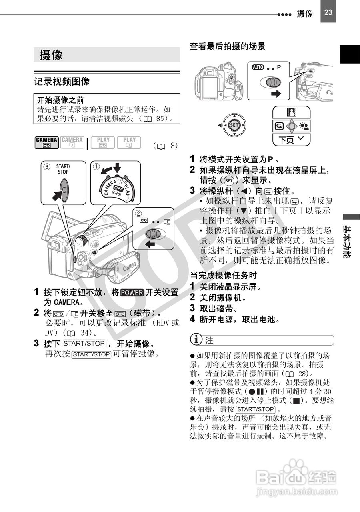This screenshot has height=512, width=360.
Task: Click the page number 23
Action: (328, 12)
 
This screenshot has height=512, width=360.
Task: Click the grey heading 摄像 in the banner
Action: (51, 55)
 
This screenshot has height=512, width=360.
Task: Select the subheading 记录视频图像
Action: (62, 81)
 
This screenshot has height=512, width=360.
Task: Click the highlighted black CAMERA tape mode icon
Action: (47, 142)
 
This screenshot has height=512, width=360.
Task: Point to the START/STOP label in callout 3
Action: (63, 169)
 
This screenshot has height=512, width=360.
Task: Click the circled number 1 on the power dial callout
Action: (96, 166)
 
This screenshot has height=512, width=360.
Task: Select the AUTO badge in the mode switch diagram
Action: (258, 67)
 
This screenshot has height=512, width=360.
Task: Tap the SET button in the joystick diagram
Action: (234, 126)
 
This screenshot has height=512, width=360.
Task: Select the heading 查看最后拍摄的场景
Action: (227, 46)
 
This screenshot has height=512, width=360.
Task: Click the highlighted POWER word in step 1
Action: (132, 292)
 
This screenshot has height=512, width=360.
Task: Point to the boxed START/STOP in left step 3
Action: (84, 344)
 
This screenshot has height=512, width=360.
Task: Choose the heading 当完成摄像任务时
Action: (223, 275)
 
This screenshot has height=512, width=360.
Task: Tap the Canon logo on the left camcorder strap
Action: (129, 266)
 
